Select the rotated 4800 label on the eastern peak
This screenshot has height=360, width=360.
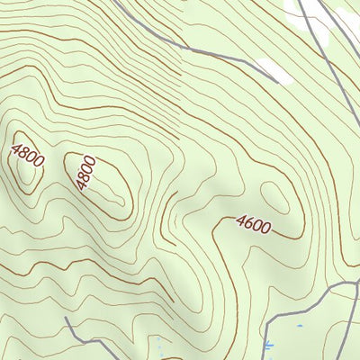[85, 172]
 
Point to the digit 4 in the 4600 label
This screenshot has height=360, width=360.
[241, 220]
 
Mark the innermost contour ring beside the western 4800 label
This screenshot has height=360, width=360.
[27, 175]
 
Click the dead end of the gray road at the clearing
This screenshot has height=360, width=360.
[261, 64]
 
